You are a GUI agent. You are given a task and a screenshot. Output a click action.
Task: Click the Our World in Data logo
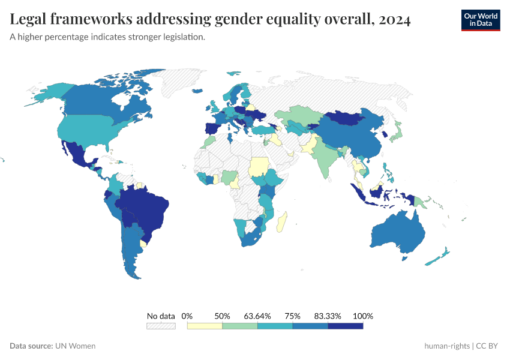[480, 20]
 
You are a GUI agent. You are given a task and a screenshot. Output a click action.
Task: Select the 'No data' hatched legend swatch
[161, 326]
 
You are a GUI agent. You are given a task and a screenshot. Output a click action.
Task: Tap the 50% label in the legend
[223, 316]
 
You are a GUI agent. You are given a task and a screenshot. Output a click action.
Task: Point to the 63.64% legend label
[257, 316]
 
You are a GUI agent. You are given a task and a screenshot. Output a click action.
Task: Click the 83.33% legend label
[328, 316]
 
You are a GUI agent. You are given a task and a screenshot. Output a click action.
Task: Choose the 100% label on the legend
[363, 316]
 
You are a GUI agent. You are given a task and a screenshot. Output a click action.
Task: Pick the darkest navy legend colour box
[346, 326]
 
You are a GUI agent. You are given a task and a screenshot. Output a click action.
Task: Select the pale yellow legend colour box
[205, 326]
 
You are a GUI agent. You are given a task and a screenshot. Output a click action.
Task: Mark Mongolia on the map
[352, 119]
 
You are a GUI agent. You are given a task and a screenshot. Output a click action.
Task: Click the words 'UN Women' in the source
[76, 346]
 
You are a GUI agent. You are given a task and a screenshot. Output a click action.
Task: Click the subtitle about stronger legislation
[107, 37]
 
